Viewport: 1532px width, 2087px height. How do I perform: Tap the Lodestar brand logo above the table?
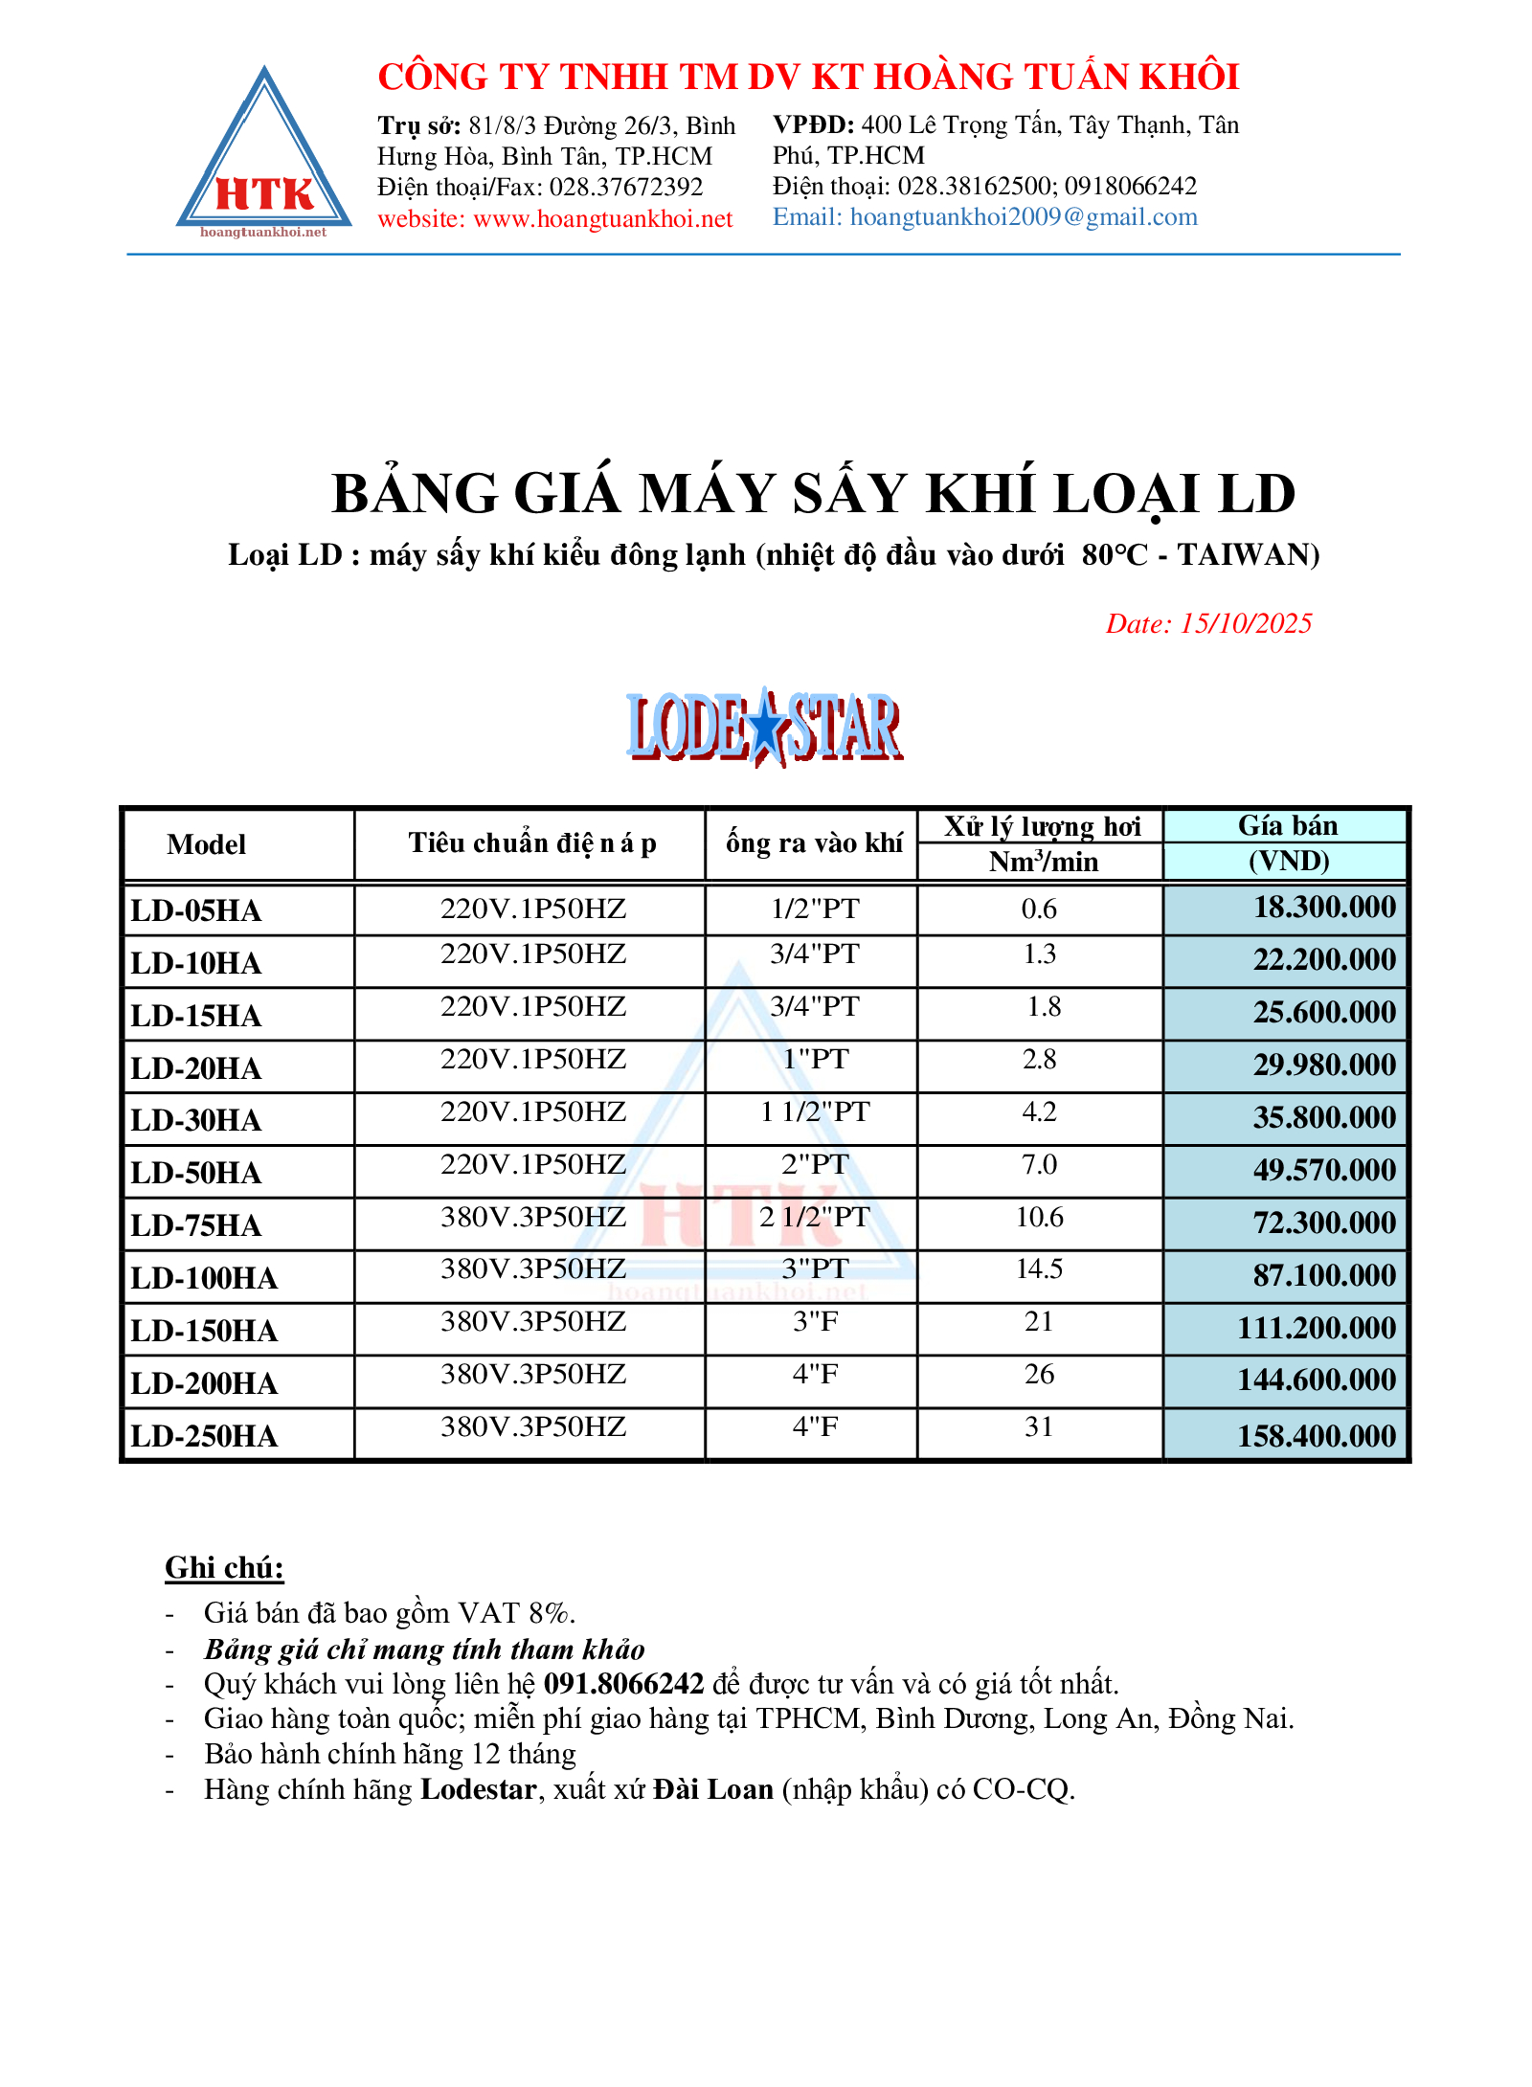764,728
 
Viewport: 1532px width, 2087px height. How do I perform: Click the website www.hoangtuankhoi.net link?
602,219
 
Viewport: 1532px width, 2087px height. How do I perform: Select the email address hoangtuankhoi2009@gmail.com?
1024,217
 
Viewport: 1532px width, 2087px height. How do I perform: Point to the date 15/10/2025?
1246,624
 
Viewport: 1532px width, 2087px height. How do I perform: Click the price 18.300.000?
1324,908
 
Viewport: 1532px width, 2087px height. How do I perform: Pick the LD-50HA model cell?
196,1173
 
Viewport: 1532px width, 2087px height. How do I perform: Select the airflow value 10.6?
1040,1217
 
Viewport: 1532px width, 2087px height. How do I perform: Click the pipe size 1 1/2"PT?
815,1111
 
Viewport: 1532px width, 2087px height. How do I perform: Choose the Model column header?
207,844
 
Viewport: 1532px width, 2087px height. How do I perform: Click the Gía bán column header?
1288,825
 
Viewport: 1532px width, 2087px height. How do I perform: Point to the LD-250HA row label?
204,1436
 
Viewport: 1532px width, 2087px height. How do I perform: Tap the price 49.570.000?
1324,1170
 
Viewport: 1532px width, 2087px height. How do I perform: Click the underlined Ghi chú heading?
224,1568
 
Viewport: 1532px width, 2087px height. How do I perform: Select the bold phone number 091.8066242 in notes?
623,1684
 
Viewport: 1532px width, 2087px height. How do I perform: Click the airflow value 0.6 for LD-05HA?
1040,909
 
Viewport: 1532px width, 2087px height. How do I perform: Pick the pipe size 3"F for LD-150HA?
815,1322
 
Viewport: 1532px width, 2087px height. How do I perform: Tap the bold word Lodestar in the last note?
478,1789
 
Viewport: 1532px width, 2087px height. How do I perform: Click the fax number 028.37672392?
626,188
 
